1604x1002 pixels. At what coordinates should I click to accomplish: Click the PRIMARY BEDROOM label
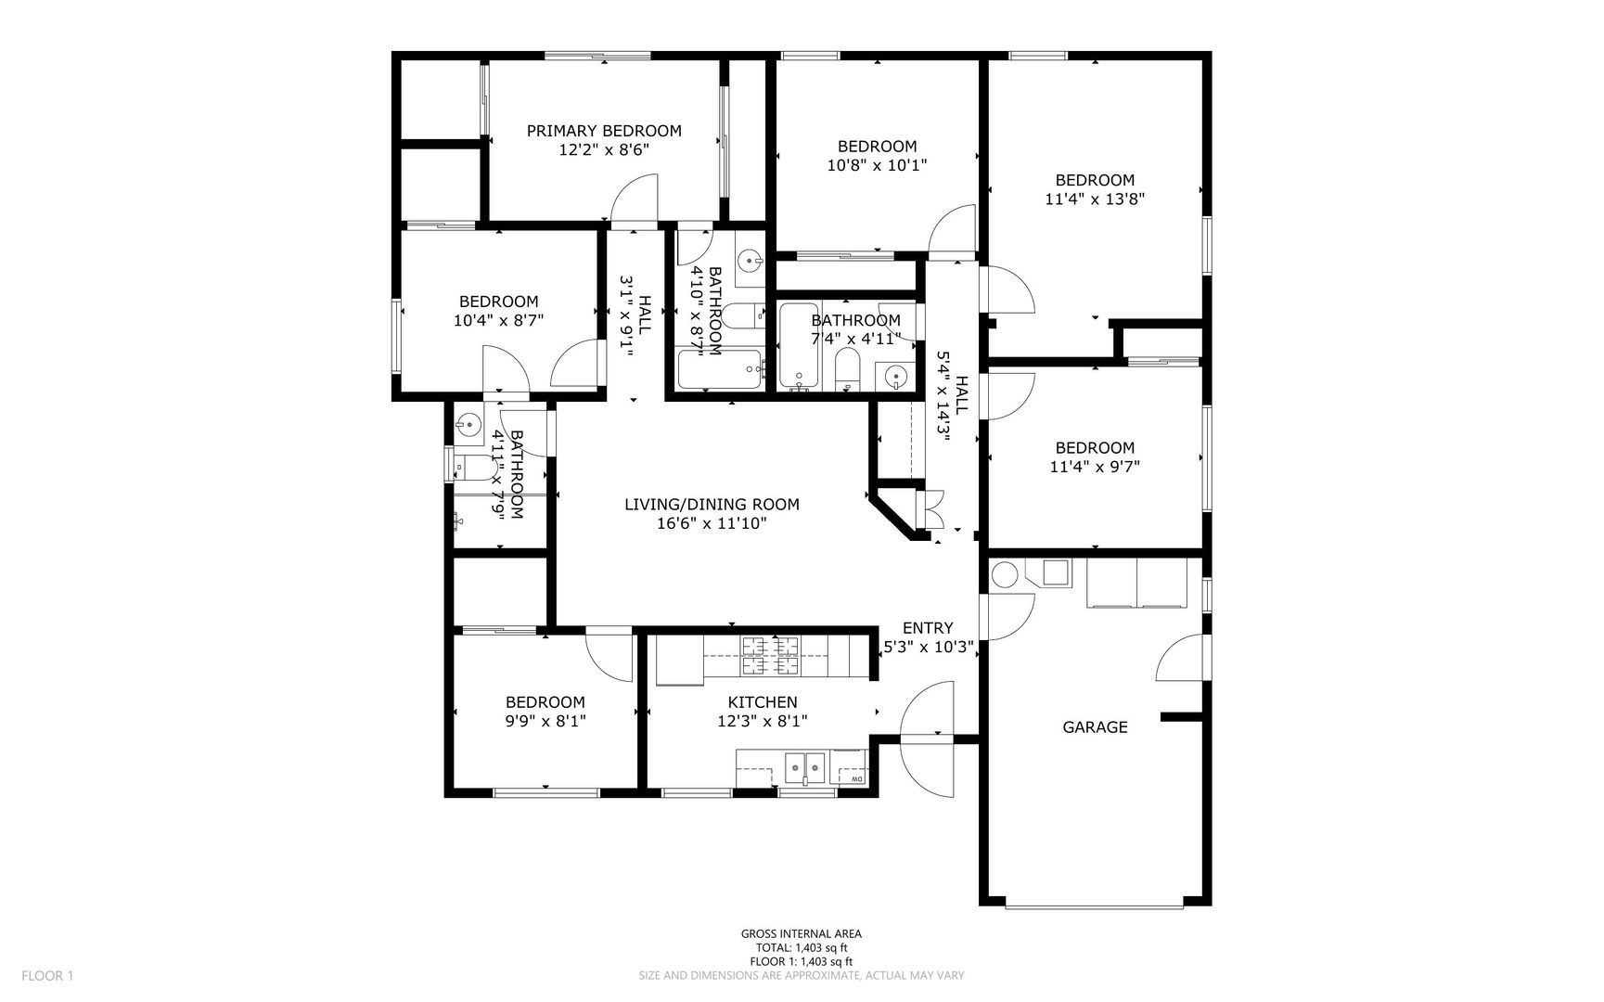pyautogui.click(x=604, y=131)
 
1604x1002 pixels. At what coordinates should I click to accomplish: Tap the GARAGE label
pyautogui.click(x=1095, y=727)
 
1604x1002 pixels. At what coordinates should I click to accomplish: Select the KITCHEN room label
pyautogui.click(x=763, y=702)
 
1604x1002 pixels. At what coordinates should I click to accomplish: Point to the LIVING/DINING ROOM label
pyautogui.click(x=712, y=505)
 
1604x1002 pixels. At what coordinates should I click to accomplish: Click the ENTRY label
pyautogui.click(x=928, y=628)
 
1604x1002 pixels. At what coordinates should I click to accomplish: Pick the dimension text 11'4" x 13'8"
pyautogui.click(x=1095, y=199)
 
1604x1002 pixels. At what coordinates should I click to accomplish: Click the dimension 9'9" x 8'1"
pyautogui.click(x=545, y=721)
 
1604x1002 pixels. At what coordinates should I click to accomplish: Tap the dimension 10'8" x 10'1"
pyautogui.click(x=877, y=165)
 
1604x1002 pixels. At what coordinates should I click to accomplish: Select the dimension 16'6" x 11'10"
pyautogui.click(x=712, y=523)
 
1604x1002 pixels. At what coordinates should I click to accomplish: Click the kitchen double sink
pyautogui.click(x=805, y=769)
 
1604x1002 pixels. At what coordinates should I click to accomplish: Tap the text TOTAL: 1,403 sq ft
pyautogui.click(x=802, y=948)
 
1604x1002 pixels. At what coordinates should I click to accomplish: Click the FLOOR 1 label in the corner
pyautogui.click(x=47, y=975)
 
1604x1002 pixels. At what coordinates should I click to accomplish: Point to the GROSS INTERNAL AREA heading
pyautogui.click(x=802, y=934)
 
